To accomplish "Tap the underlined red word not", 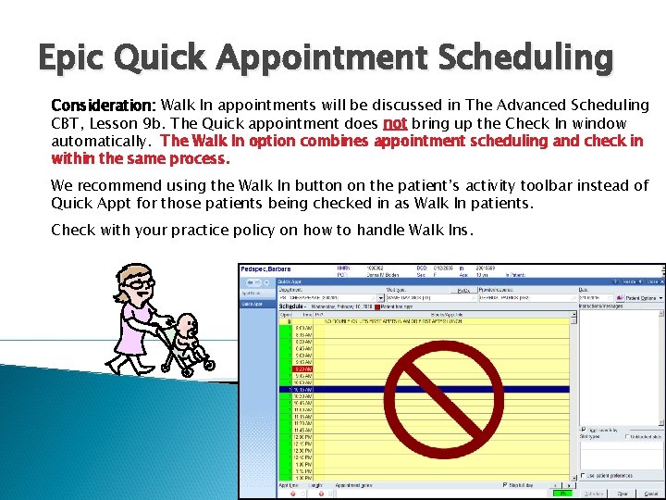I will click(x=395, y=123).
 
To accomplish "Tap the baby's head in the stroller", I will click(x=189, y=325).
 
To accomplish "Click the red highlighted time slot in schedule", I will click(x=306, y=368).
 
